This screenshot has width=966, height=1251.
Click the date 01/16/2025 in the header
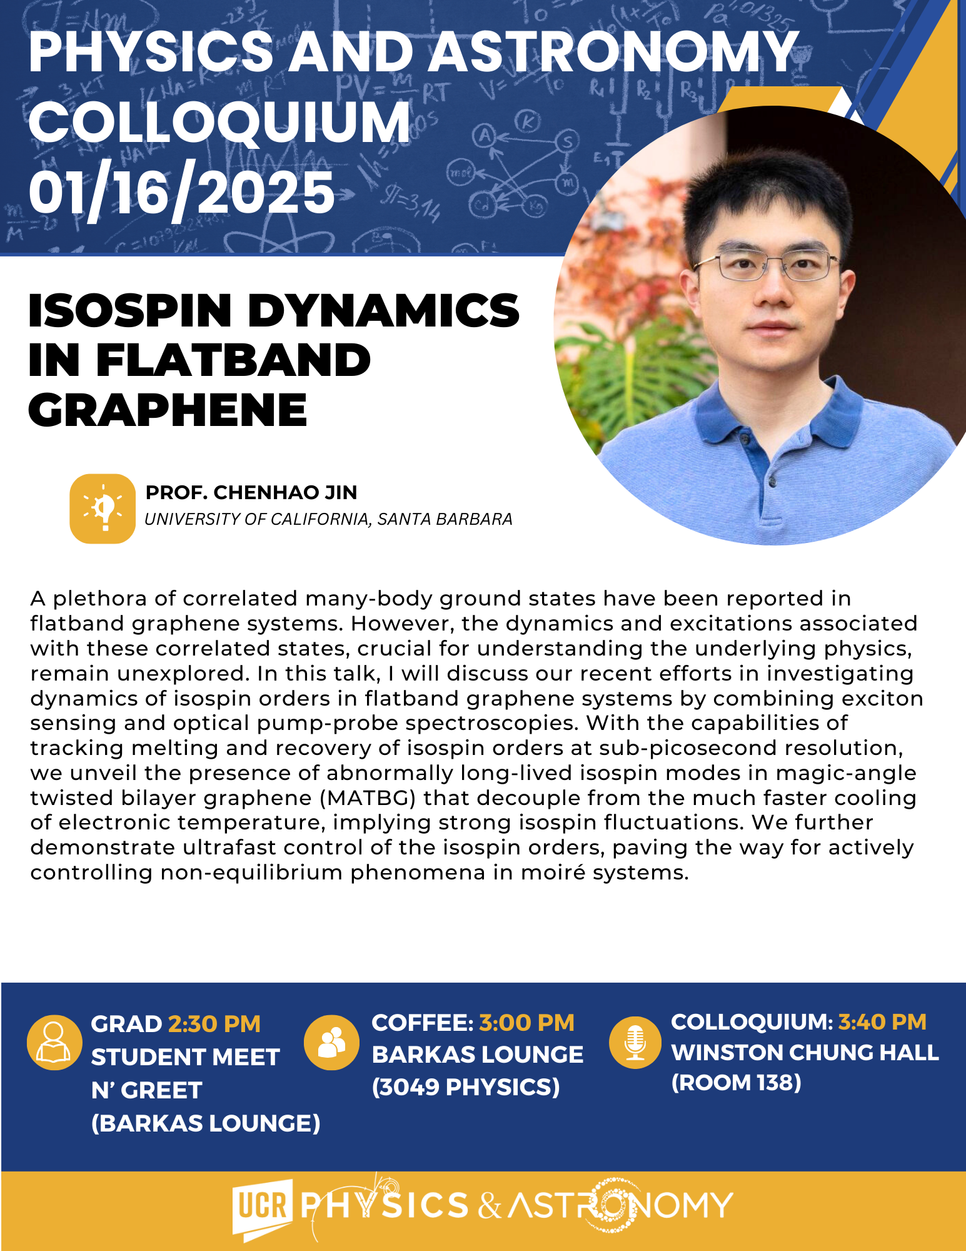pyautogui.click(x=182, y=193)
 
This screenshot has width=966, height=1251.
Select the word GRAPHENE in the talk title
pyautogui.click(x=168, y=410)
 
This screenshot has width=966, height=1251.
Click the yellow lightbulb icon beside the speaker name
pyautogui.click(x=103, y=509)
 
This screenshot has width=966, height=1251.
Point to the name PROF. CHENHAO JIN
pyautogui.click(x=251, y=493)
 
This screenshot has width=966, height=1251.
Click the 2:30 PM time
pyautogui.click(x=214, y=1024)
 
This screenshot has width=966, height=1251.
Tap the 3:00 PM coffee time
pyautogui.click(x=526, y=1023)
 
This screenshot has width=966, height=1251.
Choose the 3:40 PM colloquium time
pyautogui.click(x=882, y=1021)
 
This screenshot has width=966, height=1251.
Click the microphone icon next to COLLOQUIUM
pyautogui.click(x=635, y=1042)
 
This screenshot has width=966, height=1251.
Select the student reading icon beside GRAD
pyautogui.click(x=54, y=1042)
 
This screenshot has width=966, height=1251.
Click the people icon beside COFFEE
pyautogui.click(x=331, y=1042)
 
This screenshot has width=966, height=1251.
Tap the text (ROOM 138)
pyautogui.click(x=736, y=1083)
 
